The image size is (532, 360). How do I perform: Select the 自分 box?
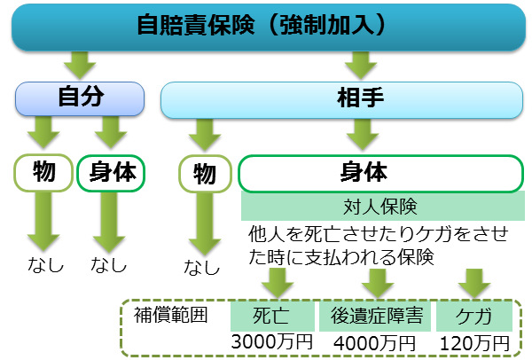coord(80,98)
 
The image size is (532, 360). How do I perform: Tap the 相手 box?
coord(340,98)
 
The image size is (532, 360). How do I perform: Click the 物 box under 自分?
coord(43,173)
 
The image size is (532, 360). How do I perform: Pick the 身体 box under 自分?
coord(112,173)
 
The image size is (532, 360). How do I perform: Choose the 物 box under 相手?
coord(205,173)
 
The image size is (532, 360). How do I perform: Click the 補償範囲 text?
coord(169,315)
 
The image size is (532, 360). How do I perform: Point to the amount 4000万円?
coord(377,341)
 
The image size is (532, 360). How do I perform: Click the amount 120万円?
coord(475,341)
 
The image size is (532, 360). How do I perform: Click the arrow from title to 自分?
coord(80,64)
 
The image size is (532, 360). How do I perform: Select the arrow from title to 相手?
coord(360,64)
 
